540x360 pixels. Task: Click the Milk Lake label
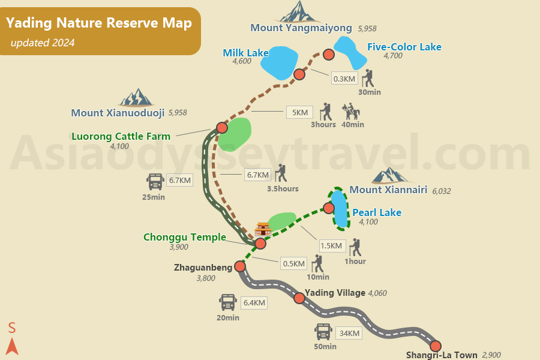245,53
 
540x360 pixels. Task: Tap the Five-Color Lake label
404,47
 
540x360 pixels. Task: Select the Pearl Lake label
376,212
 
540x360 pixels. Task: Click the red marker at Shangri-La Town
436,346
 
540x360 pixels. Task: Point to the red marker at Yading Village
299,298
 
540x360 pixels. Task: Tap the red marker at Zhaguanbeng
240,266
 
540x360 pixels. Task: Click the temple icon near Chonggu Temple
263,229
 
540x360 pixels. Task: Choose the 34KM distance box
349,334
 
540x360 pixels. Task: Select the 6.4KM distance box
254,303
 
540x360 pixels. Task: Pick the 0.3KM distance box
344,79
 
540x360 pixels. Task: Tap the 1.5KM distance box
331,245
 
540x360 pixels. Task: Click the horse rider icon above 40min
350,112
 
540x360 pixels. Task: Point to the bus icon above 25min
155,181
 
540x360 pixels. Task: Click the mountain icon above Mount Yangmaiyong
299,12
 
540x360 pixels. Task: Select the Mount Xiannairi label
388,190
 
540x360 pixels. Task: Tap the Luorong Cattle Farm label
121,136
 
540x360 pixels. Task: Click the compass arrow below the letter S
12,346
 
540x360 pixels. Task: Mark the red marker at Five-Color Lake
328,55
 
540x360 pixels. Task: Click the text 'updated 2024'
43,43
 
